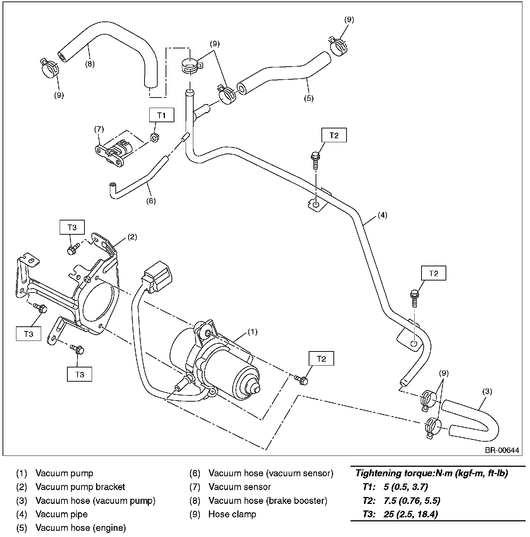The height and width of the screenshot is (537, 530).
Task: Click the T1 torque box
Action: click(162, 115)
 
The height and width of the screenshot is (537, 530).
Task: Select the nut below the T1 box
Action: click(155, 138)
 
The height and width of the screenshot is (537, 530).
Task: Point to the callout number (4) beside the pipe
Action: click(382, 215)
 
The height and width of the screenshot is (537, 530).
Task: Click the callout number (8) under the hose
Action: click(90, 64)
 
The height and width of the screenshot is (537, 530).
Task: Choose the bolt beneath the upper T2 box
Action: click(316, 160)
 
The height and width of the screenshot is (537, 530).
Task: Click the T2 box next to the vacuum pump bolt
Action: click(321, 359)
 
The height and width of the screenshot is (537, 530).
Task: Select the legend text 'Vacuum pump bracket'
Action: click(80, 487)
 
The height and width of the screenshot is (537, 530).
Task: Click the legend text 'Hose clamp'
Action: click(232, 514)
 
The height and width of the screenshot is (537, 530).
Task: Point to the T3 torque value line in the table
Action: click(400, 514)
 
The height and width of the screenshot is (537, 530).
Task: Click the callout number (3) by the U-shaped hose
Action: click(487, 391)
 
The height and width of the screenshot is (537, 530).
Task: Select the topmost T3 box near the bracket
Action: click(72, 227)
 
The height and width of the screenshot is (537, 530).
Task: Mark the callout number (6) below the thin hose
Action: click(151, 201)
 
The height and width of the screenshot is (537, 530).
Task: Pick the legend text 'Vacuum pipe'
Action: click(62, 514)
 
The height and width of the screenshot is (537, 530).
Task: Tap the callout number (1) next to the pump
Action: click(253, 332)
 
